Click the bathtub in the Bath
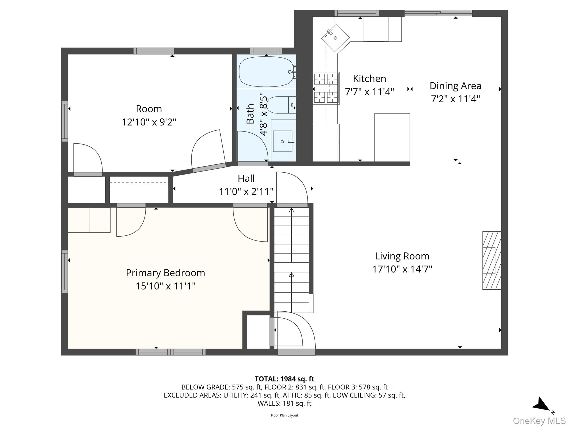(266, 72)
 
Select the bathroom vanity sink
(283, 141)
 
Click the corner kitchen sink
(335, 38)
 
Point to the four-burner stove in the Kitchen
(326, 88)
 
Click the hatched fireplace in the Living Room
(491, 260)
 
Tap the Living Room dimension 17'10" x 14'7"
(402, 269)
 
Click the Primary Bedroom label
(165, 273)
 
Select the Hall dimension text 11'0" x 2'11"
(246, 192)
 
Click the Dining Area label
(455, 86)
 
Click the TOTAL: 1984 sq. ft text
(284, 379)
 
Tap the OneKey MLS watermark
(539, 421)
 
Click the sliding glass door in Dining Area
(438, 13)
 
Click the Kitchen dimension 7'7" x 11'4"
(369, 92)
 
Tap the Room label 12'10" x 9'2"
(149, 122)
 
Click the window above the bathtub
(266, 51)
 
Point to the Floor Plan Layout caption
(284, 415)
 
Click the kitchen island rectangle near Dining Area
(392, 137)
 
